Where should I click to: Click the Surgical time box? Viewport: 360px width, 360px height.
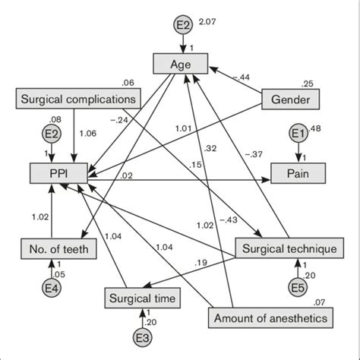point(143,298)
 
